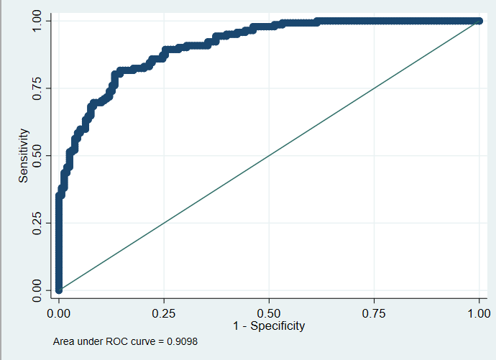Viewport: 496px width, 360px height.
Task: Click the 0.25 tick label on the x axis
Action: click(x=164, y=313)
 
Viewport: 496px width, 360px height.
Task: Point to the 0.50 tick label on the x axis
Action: click(x=269, y=313)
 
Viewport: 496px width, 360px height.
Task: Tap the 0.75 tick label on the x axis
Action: click(x=374, y=313)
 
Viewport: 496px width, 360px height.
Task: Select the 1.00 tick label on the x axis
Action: click(x=479, y=313)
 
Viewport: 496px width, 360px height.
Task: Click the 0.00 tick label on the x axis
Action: click(x=58, y=313)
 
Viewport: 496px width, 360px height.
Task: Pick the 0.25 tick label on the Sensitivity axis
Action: click(x=37, y=223)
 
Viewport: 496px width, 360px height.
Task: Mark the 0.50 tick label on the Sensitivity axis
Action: click(x=37, y=156)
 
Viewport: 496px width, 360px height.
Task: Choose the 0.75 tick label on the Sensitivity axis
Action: click(x=37, y=88)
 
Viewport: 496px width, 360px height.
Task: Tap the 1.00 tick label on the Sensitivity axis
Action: click(x=37, y=21)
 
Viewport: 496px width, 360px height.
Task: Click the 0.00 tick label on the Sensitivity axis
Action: click(x=37, y=290)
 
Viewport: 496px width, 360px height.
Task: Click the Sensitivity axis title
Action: click(x=24, y=155)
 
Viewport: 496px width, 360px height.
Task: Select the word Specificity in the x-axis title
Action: click(x=277, y=326)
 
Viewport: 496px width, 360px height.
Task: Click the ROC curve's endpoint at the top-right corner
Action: click(x=479, y=21)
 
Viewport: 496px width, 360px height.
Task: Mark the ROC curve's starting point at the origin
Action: click(x=58, y=290)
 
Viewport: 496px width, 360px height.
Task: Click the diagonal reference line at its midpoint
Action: click(x=269, y=155)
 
